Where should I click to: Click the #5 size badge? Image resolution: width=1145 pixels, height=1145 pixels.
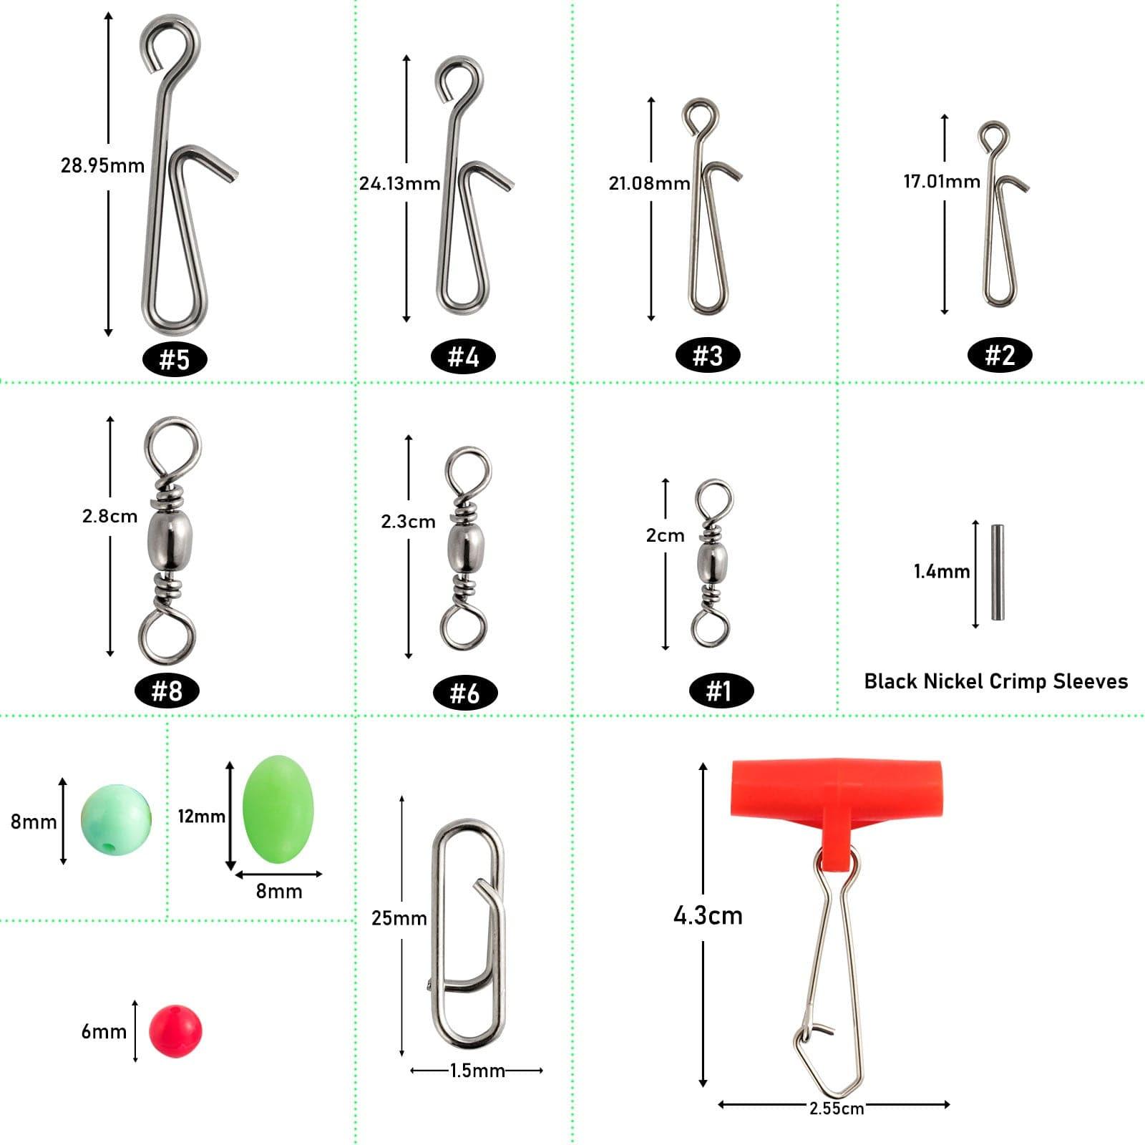pos(174,359)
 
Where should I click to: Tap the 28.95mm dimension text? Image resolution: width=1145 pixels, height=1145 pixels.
pos(102,166)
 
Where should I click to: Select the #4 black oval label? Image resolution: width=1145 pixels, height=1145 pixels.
pos(463,356)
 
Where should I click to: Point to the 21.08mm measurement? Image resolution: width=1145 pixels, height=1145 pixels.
pos(649,183)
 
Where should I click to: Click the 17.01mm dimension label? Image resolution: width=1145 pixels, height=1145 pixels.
pos(941,182)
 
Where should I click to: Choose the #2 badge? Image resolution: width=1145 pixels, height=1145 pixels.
pos(999,355)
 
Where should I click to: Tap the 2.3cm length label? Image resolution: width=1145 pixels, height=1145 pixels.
pos(408,522)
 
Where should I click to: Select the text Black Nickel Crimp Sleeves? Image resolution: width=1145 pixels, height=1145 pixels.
pos(995,681)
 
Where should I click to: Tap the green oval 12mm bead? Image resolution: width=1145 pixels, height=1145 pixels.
pos(278,809)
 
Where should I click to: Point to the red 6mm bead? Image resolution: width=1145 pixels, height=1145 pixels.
pos(175,1030)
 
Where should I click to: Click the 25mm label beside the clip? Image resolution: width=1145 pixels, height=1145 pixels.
pos(399,918)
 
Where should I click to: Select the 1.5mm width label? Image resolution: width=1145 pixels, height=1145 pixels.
pos(477,1071)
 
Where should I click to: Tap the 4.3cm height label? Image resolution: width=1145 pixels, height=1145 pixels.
pos(708,916)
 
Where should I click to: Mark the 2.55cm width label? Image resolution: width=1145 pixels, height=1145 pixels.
pos(836,1109)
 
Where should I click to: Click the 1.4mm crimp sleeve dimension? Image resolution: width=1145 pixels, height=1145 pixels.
pos(941,572)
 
